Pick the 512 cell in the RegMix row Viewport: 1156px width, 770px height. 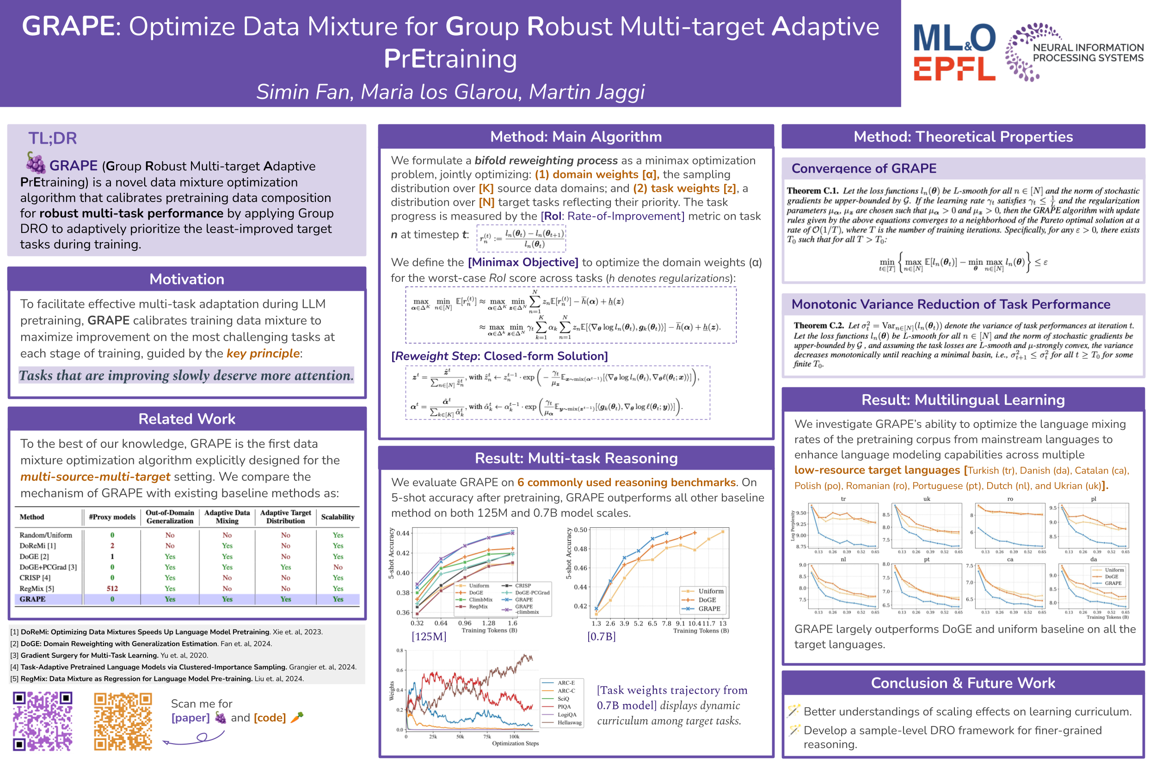(x=112, y=588)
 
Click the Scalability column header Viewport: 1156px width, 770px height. (x=338, y=517)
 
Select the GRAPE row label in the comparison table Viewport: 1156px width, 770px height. (x=32, y=599)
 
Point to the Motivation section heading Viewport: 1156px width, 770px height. (x=187, y=279)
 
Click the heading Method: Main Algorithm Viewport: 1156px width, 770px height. (x=575, y=136)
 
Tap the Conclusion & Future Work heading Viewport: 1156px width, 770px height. (x=962, y=683)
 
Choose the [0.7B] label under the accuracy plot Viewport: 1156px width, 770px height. (x=601, y=636)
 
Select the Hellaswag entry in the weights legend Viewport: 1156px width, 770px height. (x=569, y=722)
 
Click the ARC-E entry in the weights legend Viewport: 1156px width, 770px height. (x=566, y=683)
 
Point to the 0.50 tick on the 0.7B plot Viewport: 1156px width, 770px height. (x=580, y=530)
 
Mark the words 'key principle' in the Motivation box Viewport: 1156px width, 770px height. (x=263, y=354)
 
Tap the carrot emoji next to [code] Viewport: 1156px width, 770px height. (x=297, y=717)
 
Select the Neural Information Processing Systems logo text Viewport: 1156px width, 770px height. (x=1088, y=53)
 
